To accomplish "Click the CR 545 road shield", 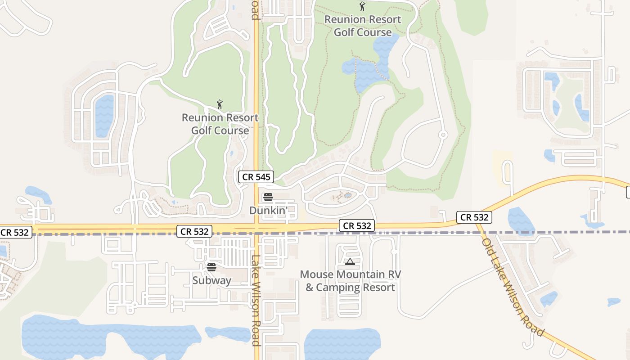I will tap(256, 177).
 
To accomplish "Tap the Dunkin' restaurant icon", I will tap(268, 197).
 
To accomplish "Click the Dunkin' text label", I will tap(268, 210).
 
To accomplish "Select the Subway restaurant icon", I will tap(211, 267).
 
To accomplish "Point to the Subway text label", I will tap(211, 280).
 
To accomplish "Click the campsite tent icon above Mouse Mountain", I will tap(350, 261).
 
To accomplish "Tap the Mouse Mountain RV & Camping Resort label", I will tap(350, 281).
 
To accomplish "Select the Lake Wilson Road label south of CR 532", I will tap(256, 300).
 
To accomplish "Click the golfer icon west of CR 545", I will tap(220, 105).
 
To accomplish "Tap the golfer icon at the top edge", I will tap(362, 6).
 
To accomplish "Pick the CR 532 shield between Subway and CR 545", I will tap(194, 231).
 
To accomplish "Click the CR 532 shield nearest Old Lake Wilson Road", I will tap(474, 217).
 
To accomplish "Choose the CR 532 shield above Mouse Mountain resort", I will tap(357, 225).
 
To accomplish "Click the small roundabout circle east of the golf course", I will tap(443, 135).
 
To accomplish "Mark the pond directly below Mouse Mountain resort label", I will tap(342, 344).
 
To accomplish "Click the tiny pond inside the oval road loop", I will tap(348, 195).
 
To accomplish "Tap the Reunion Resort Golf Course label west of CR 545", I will tap(220, 124).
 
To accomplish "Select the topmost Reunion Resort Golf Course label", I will tap(362, 26).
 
